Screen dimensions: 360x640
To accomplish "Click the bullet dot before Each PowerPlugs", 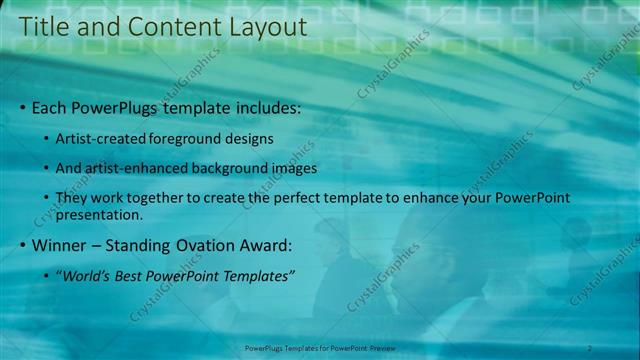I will pyautogui.click(x=24, y=107).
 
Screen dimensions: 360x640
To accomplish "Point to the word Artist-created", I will pyautogui.click(x=103, y=138).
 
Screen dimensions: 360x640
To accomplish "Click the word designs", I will pyautogui.click(x=250, y=138).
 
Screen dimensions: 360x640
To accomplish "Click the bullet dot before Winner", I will pyautogui.click(x=24, y=245).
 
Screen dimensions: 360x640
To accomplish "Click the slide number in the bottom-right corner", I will pyautogui.click(x=590, y=347).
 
